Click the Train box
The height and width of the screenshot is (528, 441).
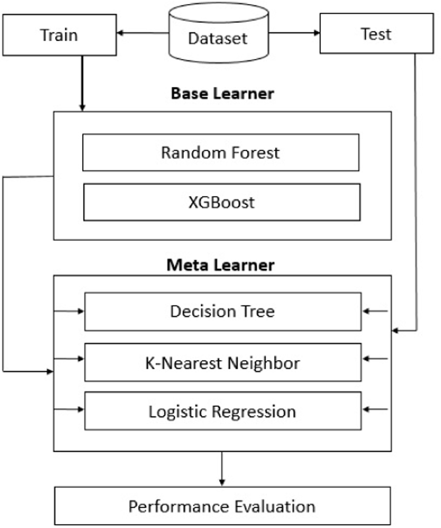pyautogui.click(x=59, y=35)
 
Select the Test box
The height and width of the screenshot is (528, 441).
pyautogui.click(x=376, y=33)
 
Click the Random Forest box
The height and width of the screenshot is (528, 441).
pyautogui.click(x=220, y=152)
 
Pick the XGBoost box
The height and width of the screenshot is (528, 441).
pyautogui.click(x=222, y=202)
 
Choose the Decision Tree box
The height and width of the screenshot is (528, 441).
pyautogui.click(x=223, y=312)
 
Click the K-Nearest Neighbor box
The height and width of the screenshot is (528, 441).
pyautogui.click(x=223, y=363)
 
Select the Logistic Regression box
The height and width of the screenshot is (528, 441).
pyautogui.click(x=223, y=411)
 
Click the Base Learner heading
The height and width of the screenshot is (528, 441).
pyautogui.click(x=222, y=93)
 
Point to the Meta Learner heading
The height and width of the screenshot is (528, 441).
pyautogui.click(x=220, y=265)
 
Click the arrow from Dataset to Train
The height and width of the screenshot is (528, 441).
pyautogui.click(x=143, y=33)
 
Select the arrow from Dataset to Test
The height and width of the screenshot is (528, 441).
pyautogui.click(x=294, y=33)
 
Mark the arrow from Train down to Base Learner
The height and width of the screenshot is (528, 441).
pyautogui.click(x=82, y=83)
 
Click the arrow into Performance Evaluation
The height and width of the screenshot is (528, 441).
pyautogui.click(x=222, y=469)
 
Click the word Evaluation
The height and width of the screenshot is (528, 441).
pyautogui.click(x=275, y=507)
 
